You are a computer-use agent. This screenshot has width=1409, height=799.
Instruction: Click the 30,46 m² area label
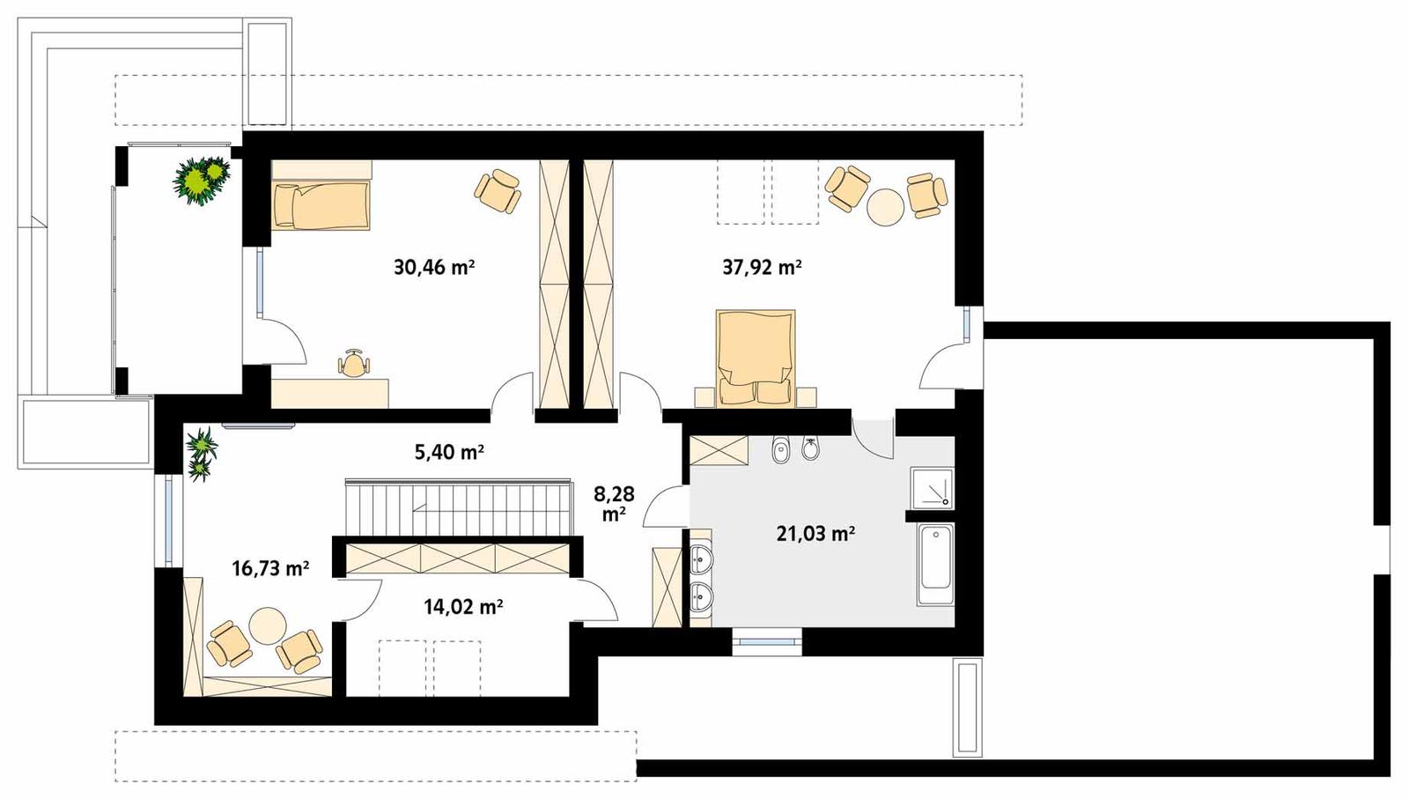(434, 267)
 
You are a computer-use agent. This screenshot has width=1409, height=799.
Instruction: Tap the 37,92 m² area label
(762, 267)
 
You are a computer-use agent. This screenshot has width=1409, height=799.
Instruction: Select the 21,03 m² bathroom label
(815, 533)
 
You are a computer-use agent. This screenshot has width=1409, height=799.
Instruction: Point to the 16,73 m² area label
(269, 568)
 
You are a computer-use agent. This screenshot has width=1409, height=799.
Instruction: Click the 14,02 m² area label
(463, 606)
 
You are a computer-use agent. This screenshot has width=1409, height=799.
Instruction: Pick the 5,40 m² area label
(449, 452)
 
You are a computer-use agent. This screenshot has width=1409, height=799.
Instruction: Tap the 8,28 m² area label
(614, 503)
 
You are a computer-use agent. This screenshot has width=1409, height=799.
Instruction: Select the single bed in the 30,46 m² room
(321, 205)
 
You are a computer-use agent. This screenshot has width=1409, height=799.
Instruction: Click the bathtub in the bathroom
(934, 565)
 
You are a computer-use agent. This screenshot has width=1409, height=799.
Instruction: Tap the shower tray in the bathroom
(932, 487)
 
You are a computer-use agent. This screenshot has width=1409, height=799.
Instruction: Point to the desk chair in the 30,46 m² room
(354, 364)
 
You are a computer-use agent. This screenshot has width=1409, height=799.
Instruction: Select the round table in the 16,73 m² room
(267, 626)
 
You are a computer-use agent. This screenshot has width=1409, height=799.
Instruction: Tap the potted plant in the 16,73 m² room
(202, 454)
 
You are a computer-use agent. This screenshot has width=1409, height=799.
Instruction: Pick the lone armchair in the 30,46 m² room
(498, 190)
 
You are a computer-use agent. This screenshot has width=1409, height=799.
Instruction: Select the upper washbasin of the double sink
(700, 559)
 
